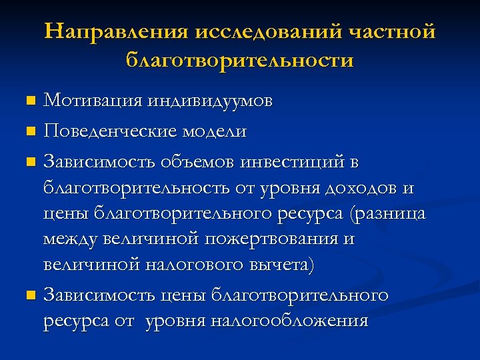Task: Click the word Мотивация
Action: point(93,101)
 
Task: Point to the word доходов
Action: point(363,188)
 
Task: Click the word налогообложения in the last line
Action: point(289,321)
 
